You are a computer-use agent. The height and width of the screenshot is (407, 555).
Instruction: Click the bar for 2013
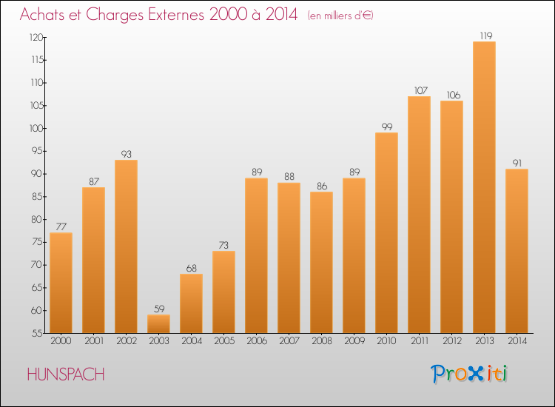pyautogui.click(x=484, y=187)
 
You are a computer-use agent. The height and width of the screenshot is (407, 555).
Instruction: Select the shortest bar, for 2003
pyautogui.click(x=158, y=324)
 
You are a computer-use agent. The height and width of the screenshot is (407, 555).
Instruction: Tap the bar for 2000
pyautogui.click(x=61, y=283)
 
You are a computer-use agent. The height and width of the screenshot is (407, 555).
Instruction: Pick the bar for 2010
pyautogui.click(x=386, y=233)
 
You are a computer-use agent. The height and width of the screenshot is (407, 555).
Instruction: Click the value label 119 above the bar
pyautogui.click(x=486, y=36)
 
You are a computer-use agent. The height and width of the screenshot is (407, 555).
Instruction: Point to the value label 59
pyautogui.click(x=159, y=309)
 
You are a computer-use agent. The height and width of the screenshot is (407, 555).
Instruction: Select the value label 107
pyautogui.click(x=421, y=90)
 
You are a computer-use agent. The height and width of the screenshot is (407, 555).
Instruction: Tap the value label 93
pyautogui.click(x=127, y=155)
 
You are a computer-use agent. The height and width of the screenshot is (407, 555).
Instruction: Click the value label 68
pyautogui.click(x=192, y=269)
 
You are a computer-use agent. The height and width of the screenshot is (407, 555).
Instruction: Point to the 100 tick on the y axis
pyautogui.click(x=37, y=128)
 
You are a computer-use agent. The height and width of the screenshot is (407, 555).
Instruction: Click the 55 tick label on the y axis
pyautogui.click(x=37, y=333)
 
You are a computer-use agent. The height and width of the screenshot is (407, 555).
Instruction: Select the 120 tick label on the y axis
pyautogui.click(x=36, y=37)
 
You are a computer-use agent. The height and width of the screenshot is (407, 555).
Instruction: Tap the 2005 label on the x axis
pyautogui.click(x=224, y=341)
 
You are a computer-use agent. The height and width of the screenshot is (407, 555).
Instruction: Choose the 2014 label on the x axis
pyautogui.click(x=517, y=341)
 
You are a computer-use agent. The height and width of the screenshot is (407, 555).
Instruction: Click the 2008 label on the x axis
pyautogui.click(x=322, y=341)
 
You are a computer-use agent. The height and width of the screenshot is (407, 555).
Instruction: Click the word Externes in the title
pyautogui.click(x=176, y=15)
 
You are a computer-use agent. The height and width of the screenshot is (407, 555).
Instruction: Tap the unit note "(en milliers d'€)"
pyautogui.click(x=340, y=16)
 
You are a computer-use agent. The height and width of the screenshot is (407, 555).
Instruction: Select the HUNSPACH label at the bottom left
pyautogui.click(x=66, y=374)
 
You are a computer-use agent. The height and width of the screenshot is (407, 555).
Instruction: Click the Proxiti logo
pyautogui.click(x=469, y=374)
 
